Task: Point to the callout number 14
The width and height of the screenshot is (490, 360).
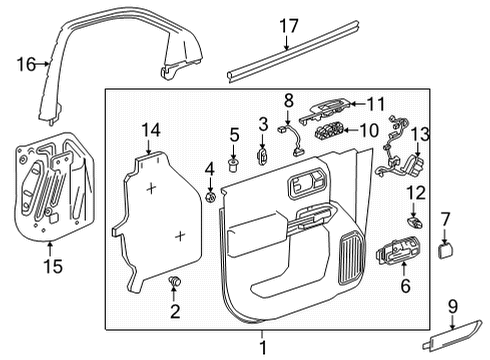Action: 151,129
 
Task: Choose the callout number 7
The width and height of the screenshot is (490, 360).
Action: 446,217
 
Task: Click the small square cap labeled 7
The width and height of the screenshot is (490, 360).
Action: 446,248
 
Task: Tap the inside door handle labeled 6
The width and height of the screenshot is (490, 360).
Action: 393,256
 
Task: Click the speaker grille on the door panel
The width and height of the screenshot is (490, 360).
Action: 351,258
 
